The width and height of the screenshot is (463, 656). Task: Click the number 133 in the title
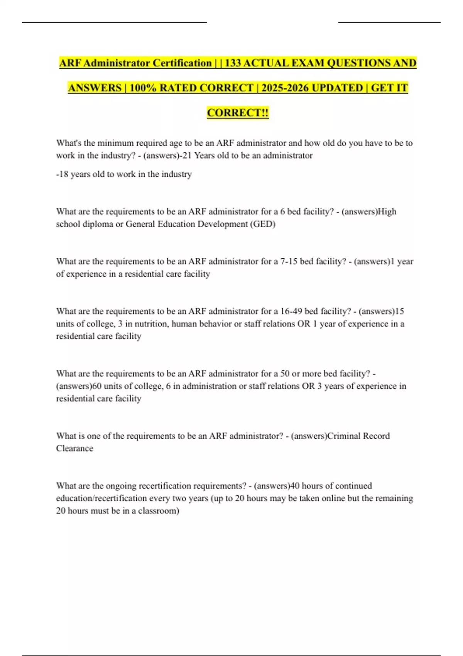point(233,63)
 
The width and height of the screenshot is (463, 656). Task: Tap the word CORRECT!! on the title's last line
point(238,113)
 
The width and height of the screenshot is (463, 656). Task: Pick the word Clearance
point(74,448)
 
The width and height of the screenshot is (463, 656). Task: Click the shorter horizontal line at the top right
point(389,22)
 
